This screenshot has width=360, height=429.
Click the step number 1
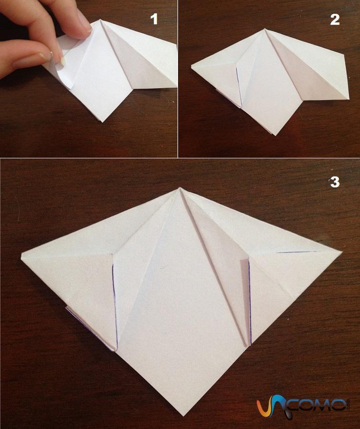154,20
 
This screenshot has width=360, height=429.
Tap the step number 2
335,20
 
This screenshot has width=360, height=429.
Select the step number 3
335,182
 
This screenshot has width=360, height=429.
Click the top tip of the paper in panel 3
180,188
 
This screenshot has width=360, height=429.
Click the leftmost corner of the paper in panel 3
21,255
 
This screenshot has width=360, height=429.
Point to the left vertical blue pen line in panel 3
115,306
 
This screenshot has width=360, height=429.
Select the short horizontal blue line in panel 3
297,252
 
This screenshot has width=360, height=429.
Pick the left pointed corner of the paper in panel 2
191,65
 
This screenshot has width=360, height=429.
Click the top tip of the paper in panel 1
100,20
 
